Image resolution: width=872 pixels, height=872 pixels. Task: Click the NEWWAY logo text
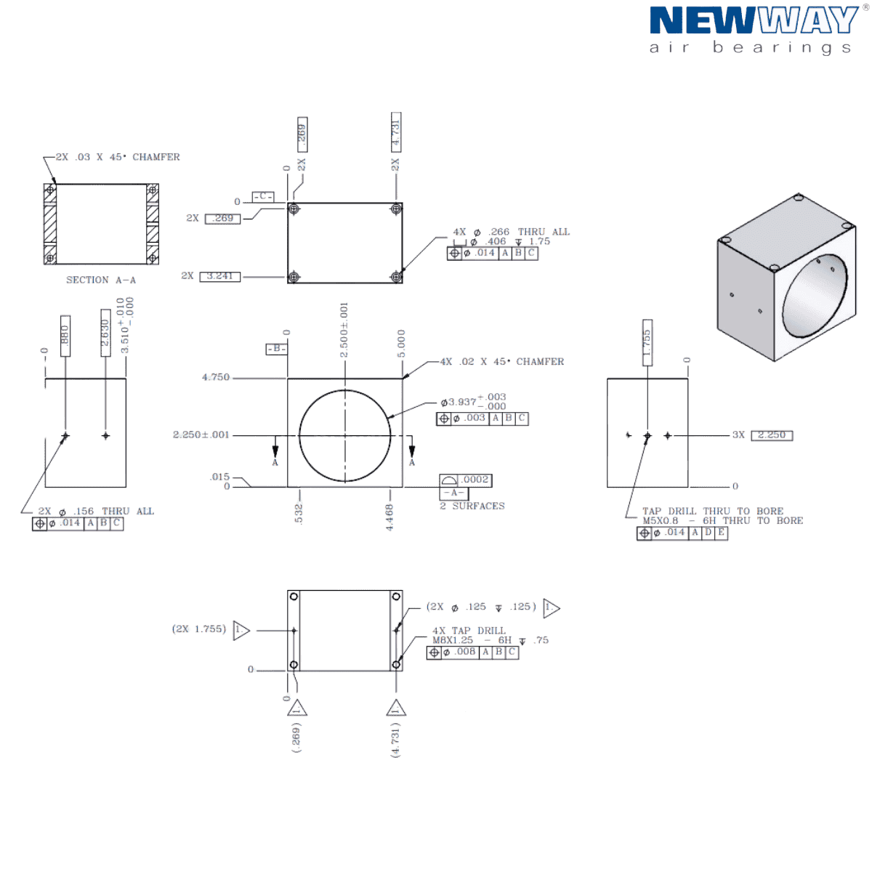point(751,20)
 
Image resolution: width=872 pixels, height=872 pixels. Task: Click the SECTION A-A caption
point(101,280)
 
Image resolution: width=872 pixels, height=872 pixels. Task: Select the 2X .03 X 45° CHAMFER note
point(116,157)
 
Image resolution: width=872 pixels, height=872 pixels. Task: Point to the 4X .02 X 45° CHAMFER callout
point(501,361)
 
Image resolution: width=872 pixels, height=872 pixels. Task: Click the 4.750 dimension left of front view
point(217,378)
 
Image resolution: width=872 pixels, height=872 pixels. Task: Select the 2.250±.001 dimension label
point(201,435)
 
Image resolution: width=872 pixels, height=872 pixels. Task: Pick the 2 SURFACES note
point(472,506)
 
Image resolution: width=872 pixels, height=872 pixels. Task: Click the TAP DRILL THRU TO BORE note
point(713,512)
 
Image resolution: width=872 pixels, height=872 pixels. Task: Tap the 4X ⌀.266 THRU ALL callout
point(512,233)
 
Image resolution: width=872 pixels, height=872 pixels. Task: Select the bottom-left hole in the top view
point(294,277)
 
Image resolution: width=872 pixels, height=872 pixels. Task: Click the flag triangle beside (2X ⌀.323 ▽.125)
point(551,607)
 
